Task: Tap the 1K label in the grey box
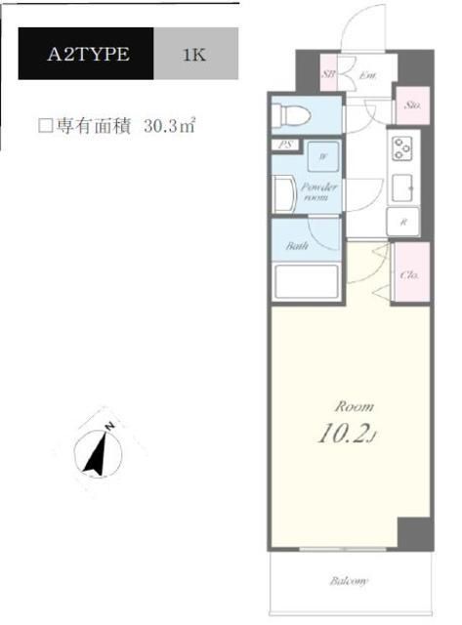click(194, 55)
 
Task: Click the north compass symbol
click(100, 451)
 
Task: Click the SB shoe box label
click(330, 74)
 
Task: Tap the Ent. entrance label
click(368, 74)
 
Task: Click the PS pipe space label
click(286, 147)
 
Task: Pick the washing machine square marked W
click(322, 155)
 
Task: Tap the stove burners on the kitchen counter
click(402, 148)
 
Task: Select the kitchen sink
click(401, 185)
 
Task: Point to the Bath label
click(298, 246)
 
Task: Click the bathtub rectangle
click(306, 281)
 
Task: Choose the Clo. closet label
click(409, 275)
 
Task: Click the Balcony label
click(348, 582)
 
